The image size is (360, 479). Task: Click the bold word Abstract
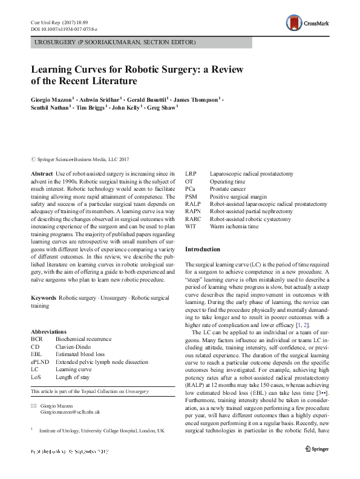click(42, 174)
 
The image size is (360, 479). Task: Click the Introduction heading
click(203, 249)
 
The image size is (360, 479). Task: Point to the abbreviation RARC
click(194, 219)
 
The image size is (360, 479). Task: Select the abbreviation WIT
click(191, 226)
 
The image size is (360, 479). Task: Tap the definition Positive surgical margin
click(239, 196)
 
